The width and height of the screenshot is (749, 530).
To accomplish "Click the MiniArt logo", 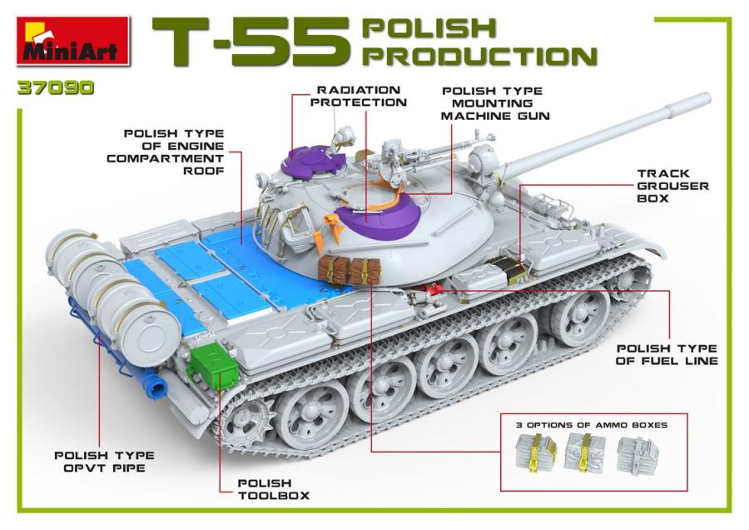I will click(73, 40).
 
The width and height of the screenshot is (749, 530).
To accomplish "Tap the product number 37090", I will click(55, 87).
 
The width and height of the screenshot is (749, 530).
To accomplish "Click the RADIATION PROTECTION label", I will click(360, 96).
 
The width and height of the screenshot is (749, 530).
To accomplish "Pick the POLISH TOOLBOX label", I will click(265, 488).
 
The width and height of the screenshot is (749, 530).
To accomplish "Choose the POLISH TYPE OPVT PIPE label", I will click(104, 461).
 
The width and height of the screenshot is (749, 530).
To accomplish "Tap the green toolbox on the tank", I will click(214, 366).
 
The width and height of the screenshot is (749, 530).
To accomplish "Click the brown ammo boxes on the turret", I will click(345, 270).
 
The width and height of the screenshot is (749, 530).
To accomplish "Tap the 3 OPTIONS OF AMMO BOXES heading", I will click(591, 425).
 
